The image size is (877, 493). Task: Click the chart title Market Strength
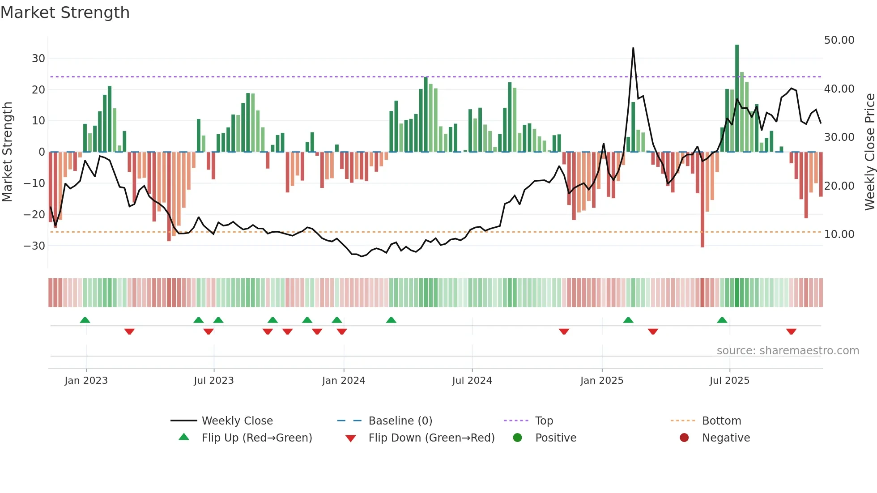coord(65,13)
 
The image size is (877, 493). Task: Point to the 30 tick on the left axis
coord(38,59)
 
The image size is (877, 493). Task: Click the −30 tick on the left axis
coord(34,246)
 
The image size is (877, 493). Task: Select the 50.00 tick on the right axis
coord(839,40)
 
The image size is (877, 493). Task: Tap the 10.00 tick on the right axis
coord(839,234)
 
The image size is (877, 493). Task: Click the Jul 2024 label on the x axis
coord(472,381)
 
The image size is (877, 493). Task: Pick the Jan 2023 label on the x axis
coord(86,381)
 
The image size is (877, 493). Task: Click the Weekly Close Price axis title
coord(869,152)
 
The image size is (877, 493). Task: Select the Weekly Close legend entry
coord(237,421)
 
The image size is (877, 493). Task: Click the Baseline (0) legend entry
coord(400,421)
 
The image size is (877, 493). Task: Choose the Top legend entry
coord(544,421)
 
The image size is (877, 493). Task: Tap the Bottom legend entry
coord(721,421)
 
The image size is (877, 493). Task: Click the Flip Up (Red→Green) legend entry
coord(256,438)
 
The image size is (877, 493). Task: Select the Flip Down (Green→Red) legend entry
coord(431,438)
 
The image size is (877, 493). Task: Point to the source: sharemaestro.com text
coord(788,351)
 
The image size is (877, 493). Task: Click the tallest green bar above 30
coord(737,98)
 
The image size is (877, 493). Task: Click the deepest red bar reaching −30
coord(702,200)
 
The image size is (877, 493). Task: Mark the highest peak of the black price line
coord(633,48)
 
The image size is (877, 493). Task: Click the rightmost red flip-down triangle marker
coord(791,331)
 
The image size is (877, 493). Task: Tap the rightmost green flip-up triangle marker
coord(722,320)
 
